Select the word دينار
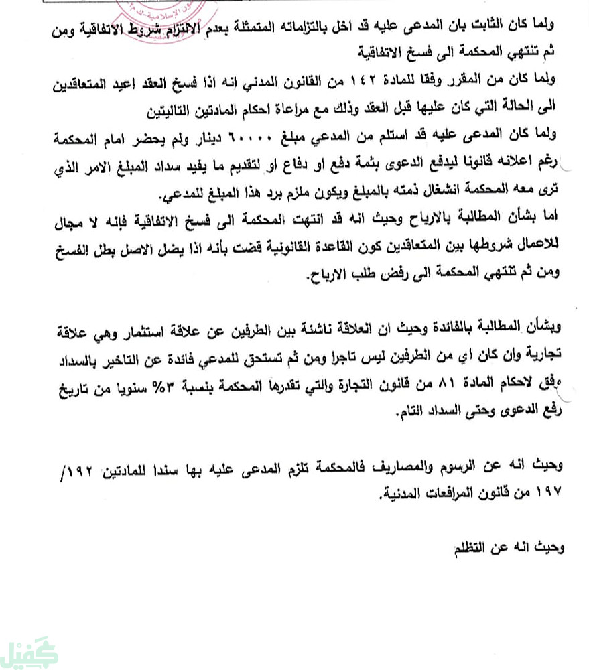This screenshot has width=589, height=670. pyautogui.click(x=221, y=138)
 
